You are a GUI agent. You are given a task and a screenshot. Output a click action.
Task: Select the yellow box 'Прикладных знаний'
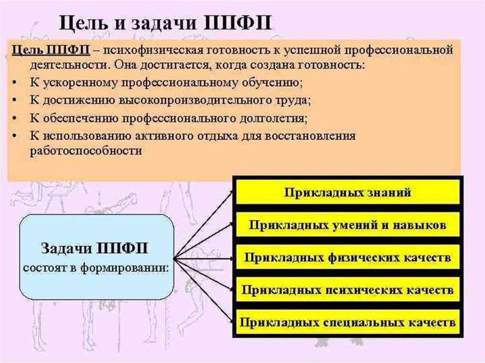click(347, 193)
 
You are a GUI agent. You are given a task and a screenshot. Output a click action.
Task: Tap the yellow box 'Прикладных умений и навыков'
click(347, 225)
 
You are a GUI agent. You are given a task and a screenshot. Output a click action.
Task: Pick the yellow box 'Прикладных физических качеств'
click(347, 258)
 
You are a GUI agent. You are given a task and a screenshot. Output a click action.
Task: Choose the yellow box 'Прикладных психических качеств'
click(347, 290)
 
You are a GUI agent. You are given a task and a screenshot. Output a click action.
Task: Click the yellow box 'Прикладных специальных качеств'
click(347, 322)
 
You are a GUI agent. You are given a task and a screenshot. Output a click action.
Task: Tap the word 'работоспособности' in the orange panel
click(85, 151)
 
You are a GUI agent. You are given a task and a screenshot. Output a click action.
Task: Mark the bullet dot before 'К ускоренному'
click(16, 83)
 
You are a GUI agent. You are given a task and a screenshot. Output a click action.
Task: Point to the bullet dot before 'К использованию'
click(16, 135)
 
